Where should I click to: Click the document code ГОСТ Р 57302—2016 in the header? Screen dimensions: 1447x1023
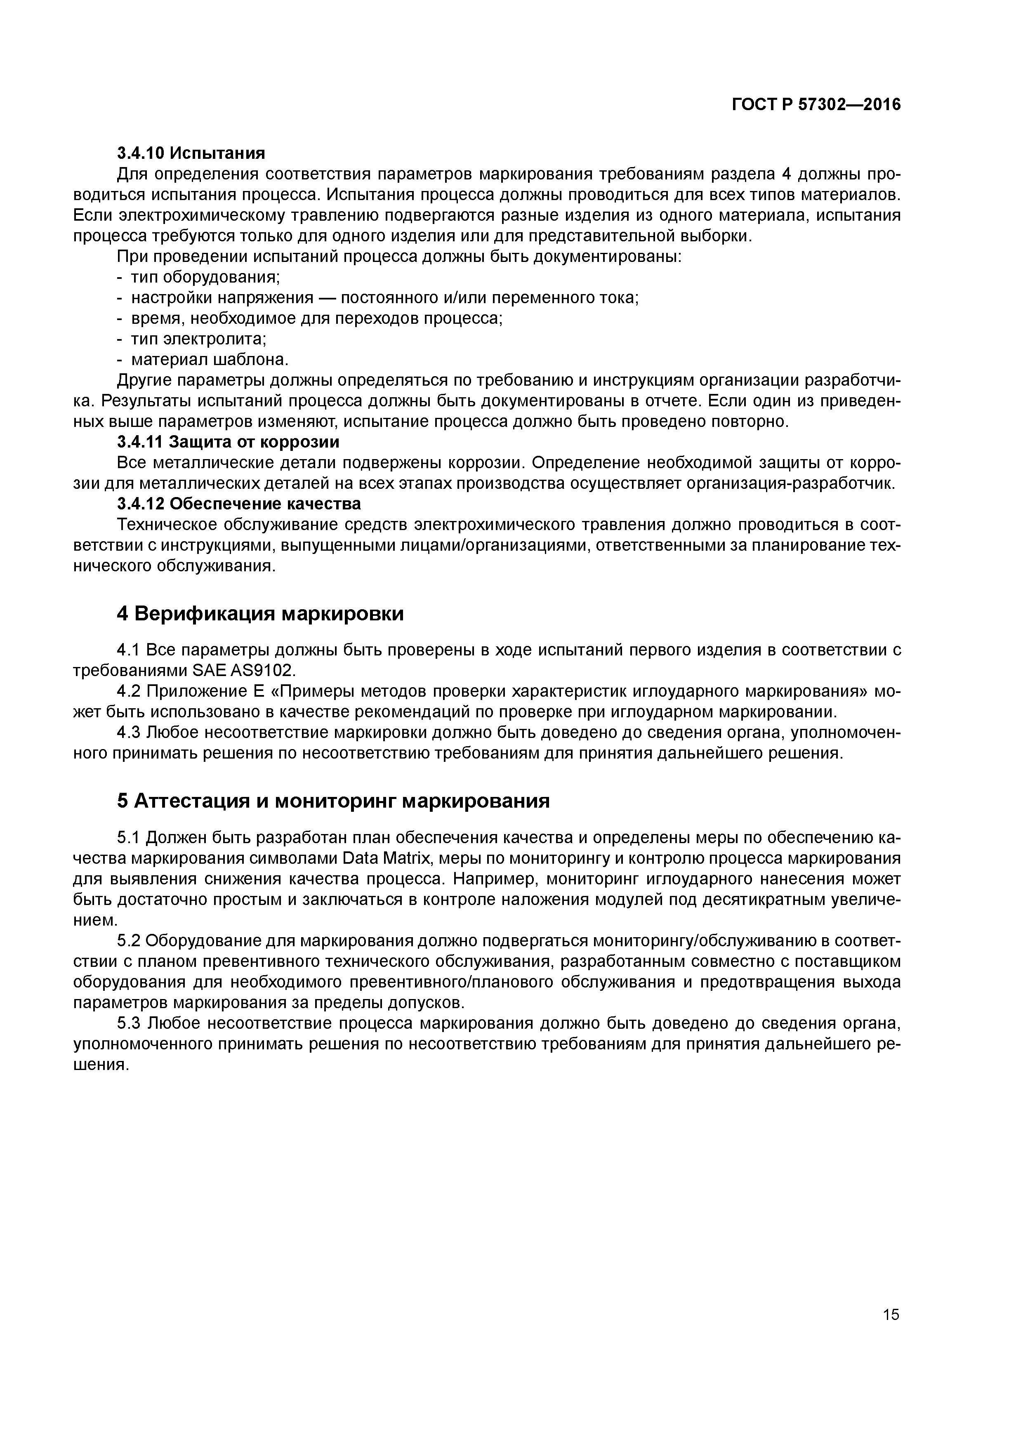click(x=816, y=105)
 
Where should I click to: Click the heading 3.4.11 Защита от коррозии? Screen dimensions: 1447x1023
click(x=228, y=442)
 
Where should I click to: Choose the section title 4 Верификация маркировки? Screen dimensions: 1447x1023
click(x=260, y=613)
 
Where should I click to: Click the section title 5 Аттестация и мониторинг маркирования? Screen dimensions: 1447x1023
click(x=333, y=801)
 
